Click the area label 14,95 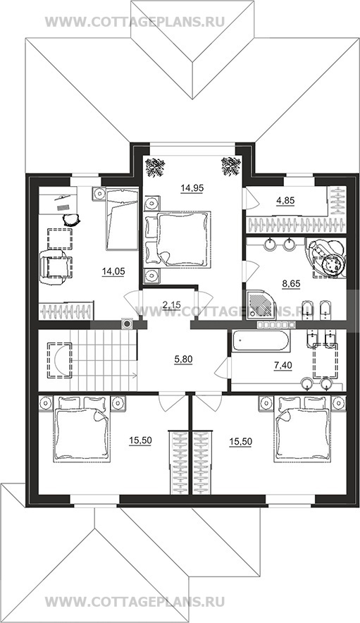[192, 188]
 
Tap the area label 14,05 [113, 272]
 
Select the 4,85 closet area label [285, 201]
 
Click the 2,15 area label [172, 305]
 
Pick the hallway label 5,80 [184, 359]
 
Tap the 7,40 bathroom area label [283, 365]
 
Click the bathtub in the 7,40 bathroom [261, 341]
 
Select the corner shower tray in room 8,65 [261, 304]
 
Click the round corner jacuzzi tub [325, 257]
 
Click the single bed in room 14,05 [122, 219]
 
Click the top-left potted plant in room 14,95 [154, 167]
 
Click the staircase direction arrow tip [137, 375]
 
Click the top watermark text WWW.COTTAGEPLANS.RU [135, 21]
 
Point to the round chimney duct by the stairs [127, 323]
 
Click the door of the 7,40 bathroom [222, 366]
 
